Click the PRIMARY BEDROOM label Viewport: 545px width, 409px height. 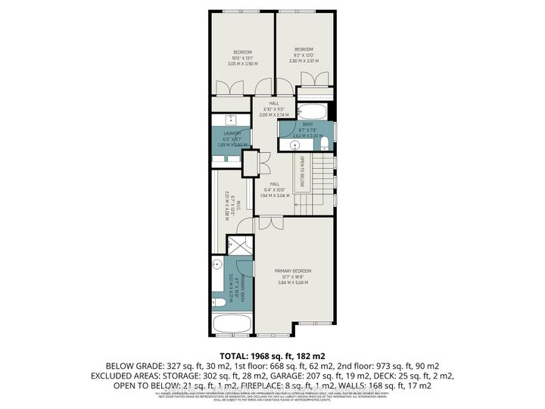(293, 270)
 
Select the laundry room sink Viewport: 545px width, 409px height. (230, 120)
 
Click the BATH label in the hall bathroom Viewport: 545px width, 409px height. (307, 124)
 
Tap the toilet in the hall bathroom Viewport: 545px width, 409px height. (323, 142)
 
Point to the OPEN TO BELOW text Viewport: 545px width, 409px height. (301, 172)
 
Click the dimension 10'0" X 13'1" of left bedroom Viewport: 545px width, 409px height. (242, 58)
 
